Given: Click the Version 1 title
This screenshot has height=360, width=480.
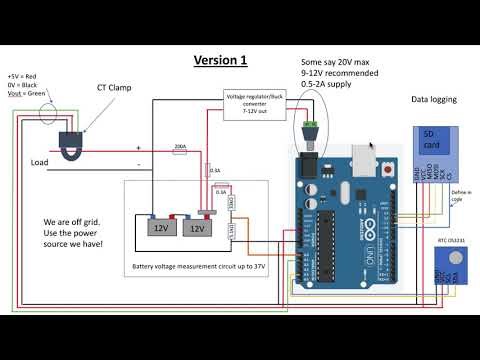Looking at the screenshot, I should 219,60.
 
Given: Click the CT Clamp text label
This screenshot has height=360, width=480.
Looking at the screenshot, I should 114,88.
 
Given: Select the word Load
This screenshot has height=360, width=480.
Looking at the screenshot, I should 40,162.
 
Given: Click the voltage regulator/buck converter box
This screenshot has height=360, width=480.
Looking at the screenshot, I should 254,101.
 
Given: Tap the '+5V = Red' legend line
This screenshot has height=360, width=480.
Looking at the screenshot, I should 22,76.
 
